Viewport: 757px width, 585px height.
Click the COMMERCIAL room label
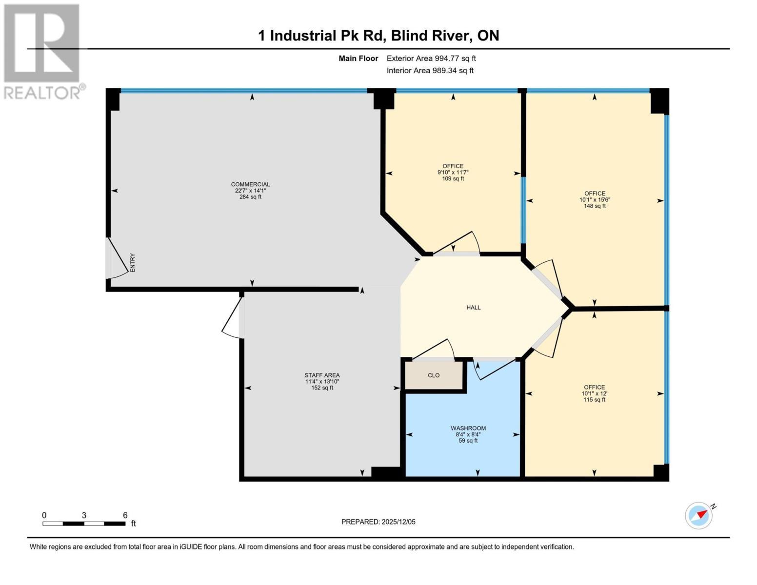click(250, 184)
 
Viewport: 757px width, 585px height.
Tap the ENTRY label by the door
click(132, 262)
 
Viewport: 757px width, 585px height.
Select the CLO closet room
click(434, 375)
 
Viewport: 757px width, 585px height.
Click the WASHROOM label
click(468, 428)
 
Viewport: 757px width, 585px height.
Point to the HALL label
click(473, 308)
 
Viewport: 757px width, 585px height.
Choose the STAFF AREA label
click(322, 375)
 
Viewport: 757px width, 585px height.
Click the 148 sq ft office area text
click(595, 206)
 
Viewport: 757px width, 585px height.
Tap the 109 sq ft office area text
click(453, 179)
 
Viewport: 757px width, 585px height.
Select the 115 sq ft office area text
click(594, 400)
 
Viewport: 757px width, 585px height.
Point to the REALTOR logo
click(42, 51)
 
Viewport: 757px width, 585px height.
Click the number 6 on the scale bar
click(125, 515)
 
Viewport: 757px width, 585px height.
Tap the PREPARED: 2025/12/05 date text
click(378, 522)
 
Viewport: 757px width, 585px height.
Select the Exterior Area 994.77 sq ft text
click(431, 58)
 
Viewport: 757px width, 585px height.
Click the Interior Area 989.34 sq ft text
click(430, 71)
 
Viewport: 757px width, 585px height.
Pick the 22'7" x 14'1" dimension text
click(250, 191)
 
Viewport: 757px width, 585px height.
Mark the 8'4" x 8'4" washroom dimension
click(468, 434)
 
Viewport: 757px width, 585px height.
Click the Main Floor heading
click(358, 58)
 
